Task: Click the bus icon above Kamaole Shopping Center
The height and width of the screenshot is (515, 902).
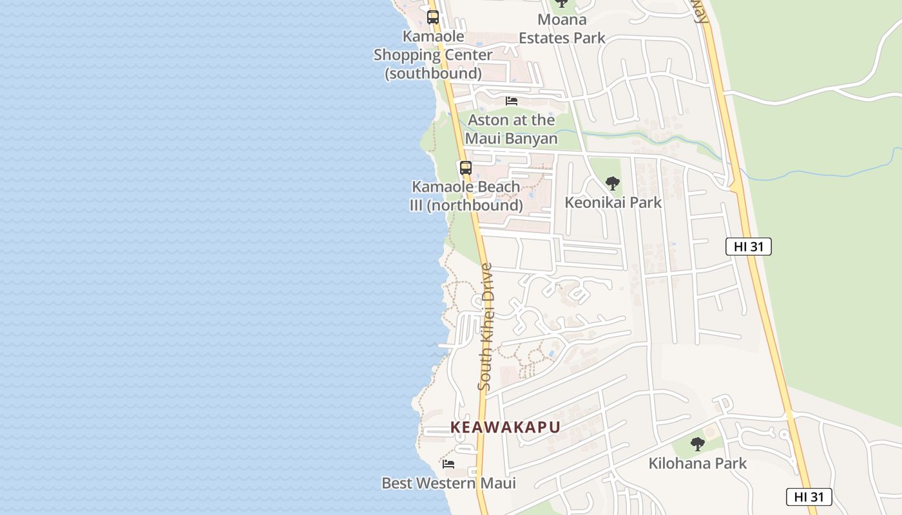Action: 433,17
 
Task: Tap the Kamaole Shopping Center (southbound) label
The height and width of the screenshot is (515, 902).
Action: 433,55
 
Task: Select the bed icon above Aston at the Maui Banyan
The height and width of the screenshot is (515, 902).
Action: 512,101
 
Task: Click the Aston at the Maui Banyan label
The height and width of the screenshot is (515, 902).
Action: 511,129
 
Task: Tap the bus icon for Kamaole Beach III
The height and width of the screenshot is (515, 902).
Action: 465,168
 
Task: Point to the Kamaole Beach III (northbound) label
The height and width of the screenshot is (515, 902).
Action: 466,196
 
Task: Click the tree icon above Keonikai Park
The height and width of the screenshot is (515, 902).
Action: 613,183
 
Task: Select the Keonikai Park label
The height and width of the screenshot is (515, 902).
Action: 613,202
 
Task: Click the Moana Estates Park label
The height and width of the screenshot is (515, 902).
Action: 562,29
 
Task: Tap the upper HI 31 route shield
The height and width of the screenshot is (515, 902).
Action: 748,246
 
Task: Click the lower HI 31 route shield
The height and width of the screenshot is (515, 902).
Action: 809,496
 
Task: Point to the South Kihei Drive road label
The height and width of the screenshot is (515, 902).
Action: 486,326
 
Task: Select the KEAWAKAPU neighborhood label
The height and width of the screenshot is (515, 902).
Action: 505,427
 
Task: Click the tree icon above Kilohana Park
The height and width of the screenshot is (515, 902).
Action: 697,444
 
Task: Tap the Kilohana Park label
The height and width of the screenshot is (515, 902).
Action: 697,463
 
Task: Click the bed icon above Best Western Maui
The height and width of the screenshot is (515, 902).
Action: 448,464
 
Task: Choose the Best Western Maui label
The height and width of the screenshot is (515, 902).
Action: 448,483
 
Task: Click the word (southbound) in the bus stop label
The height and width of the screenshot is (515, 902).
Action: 433,73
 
